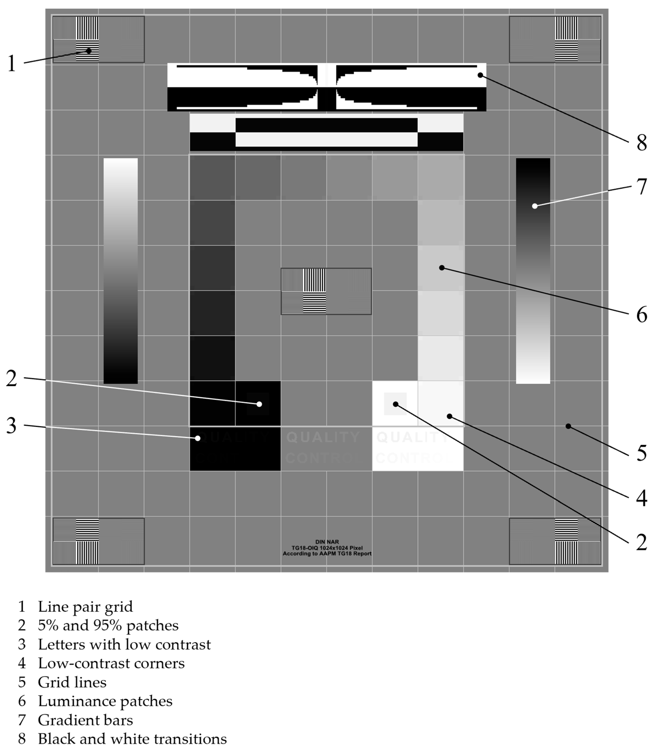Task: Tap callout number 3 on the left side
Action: (x=12, y=426)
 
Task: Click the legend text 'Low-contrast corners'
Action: (x=111, y=663)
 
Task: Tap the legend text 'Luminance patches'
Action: (x=105, y=701)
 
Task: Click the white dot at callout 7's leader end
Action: (x=535, y=206)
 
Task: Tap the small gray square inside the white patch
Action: (x=395, y=404)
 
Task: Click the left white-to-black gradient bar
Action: (x=120, y=271)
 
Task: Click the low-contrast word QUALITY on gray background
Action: (x=323, y=437)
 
